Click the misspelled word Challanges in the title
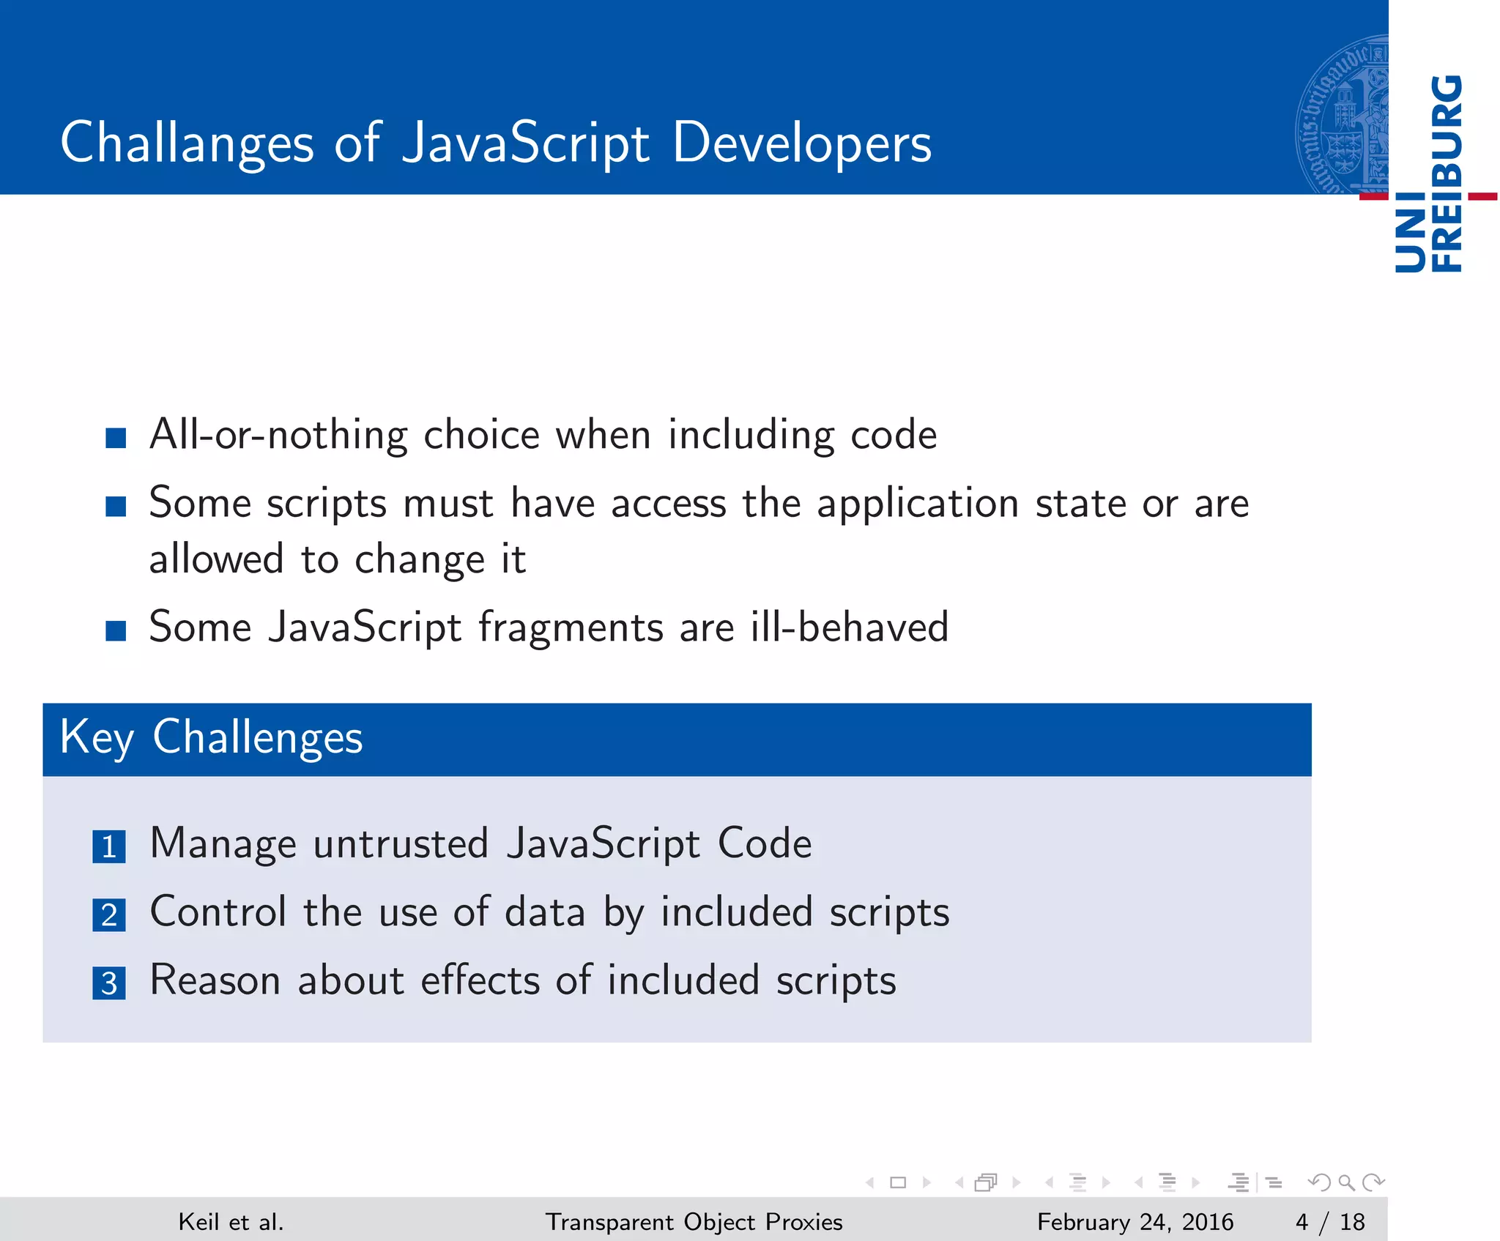pos(187,143)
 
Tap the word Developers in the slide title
pos(801,143)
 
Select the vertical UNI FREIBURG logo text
pos(1428,174)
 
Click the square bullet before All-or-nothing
pos(116,438)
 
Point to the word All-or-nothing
pos(278,435)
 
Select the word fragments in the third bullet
pos(571,627)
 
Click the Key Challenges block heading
pos(211,737)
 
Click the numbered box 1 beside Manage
pos(109,847)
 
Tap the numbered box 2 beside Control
pos(109,915)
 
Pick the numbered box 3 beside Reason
pos(109,983)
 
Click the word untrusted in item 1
pos(401,843)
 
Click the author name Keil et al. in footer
pos(231,1222)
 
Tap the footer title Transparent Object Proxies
pos(694,1222)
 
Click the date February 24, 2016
pos(1135,1222)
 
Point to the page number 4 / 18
pos(1329,1222)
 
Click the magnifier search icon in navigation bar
pos(1345,1182)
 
